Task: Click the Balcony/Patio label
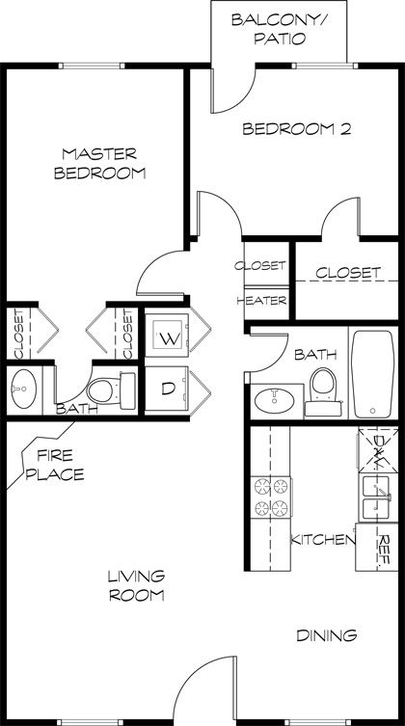pos(268,29)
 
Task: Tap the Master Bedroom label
pos(100,164)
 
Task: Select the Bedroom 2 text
pos(294,129)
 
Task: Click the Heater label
pos(262,301)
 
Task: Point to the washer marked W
pos(170,338)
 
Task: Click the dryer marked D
pos(168,390)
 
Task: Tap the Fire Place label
pos(60,465)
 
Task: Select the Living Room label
pos(135,585)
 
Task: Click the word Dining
pos(327,636)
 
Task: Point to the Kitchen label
pos(323,541)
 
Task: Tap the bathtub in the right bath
pos(371,371)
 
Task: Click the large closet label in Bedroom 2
pos(346,273)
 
